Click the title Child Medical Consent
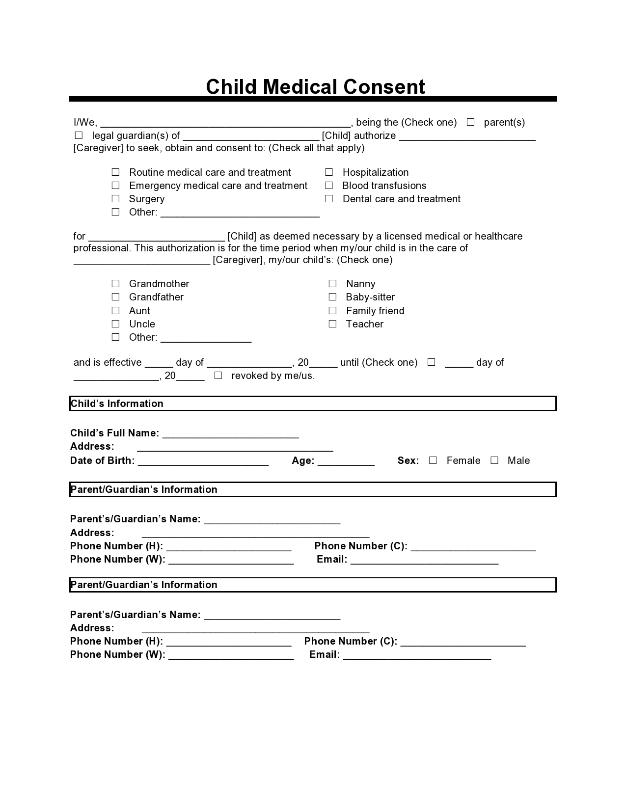(315, 87)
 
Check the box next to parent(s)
(470, 122)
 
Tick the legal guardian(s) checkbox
(79, 135)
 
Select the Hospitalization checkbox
(329, 172)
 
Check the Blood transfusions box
(329, 186)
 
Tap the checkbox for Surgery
(115, 199)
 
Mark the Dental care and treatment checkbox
(329, 199)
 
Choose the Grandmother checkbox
(115, 284)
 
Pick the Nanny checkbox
(332, 284)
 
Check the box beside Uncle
(115, 324)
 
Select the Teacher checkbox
(332, 324)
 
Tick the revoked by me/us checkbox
(218, 376)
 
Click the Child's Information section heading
(117, 404)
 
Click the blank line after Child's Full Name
(230, 433)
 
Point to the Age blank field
(346, 461)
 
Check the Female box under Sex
(433, 460)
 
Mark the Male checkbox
(494, 460)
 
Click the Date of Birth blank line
(203, 461)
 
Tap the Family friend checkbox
(332, 311)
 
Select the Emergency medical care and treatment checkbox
(115, 186)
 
